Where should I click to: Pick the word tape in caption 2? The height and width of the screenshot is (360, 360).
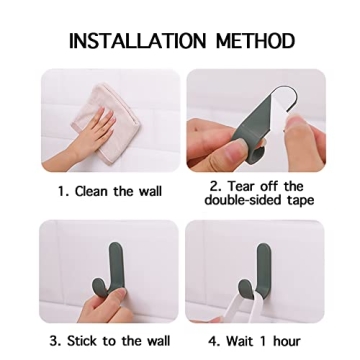pyautogui.click(x=298, y=200)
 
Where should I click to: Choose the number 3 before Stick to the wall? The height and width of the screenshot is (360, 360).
pyautogui.click(x=55, y=341)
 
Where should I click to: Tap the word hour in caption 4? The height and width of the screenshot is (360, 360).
pyautogui.click(x=288, y=341)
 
